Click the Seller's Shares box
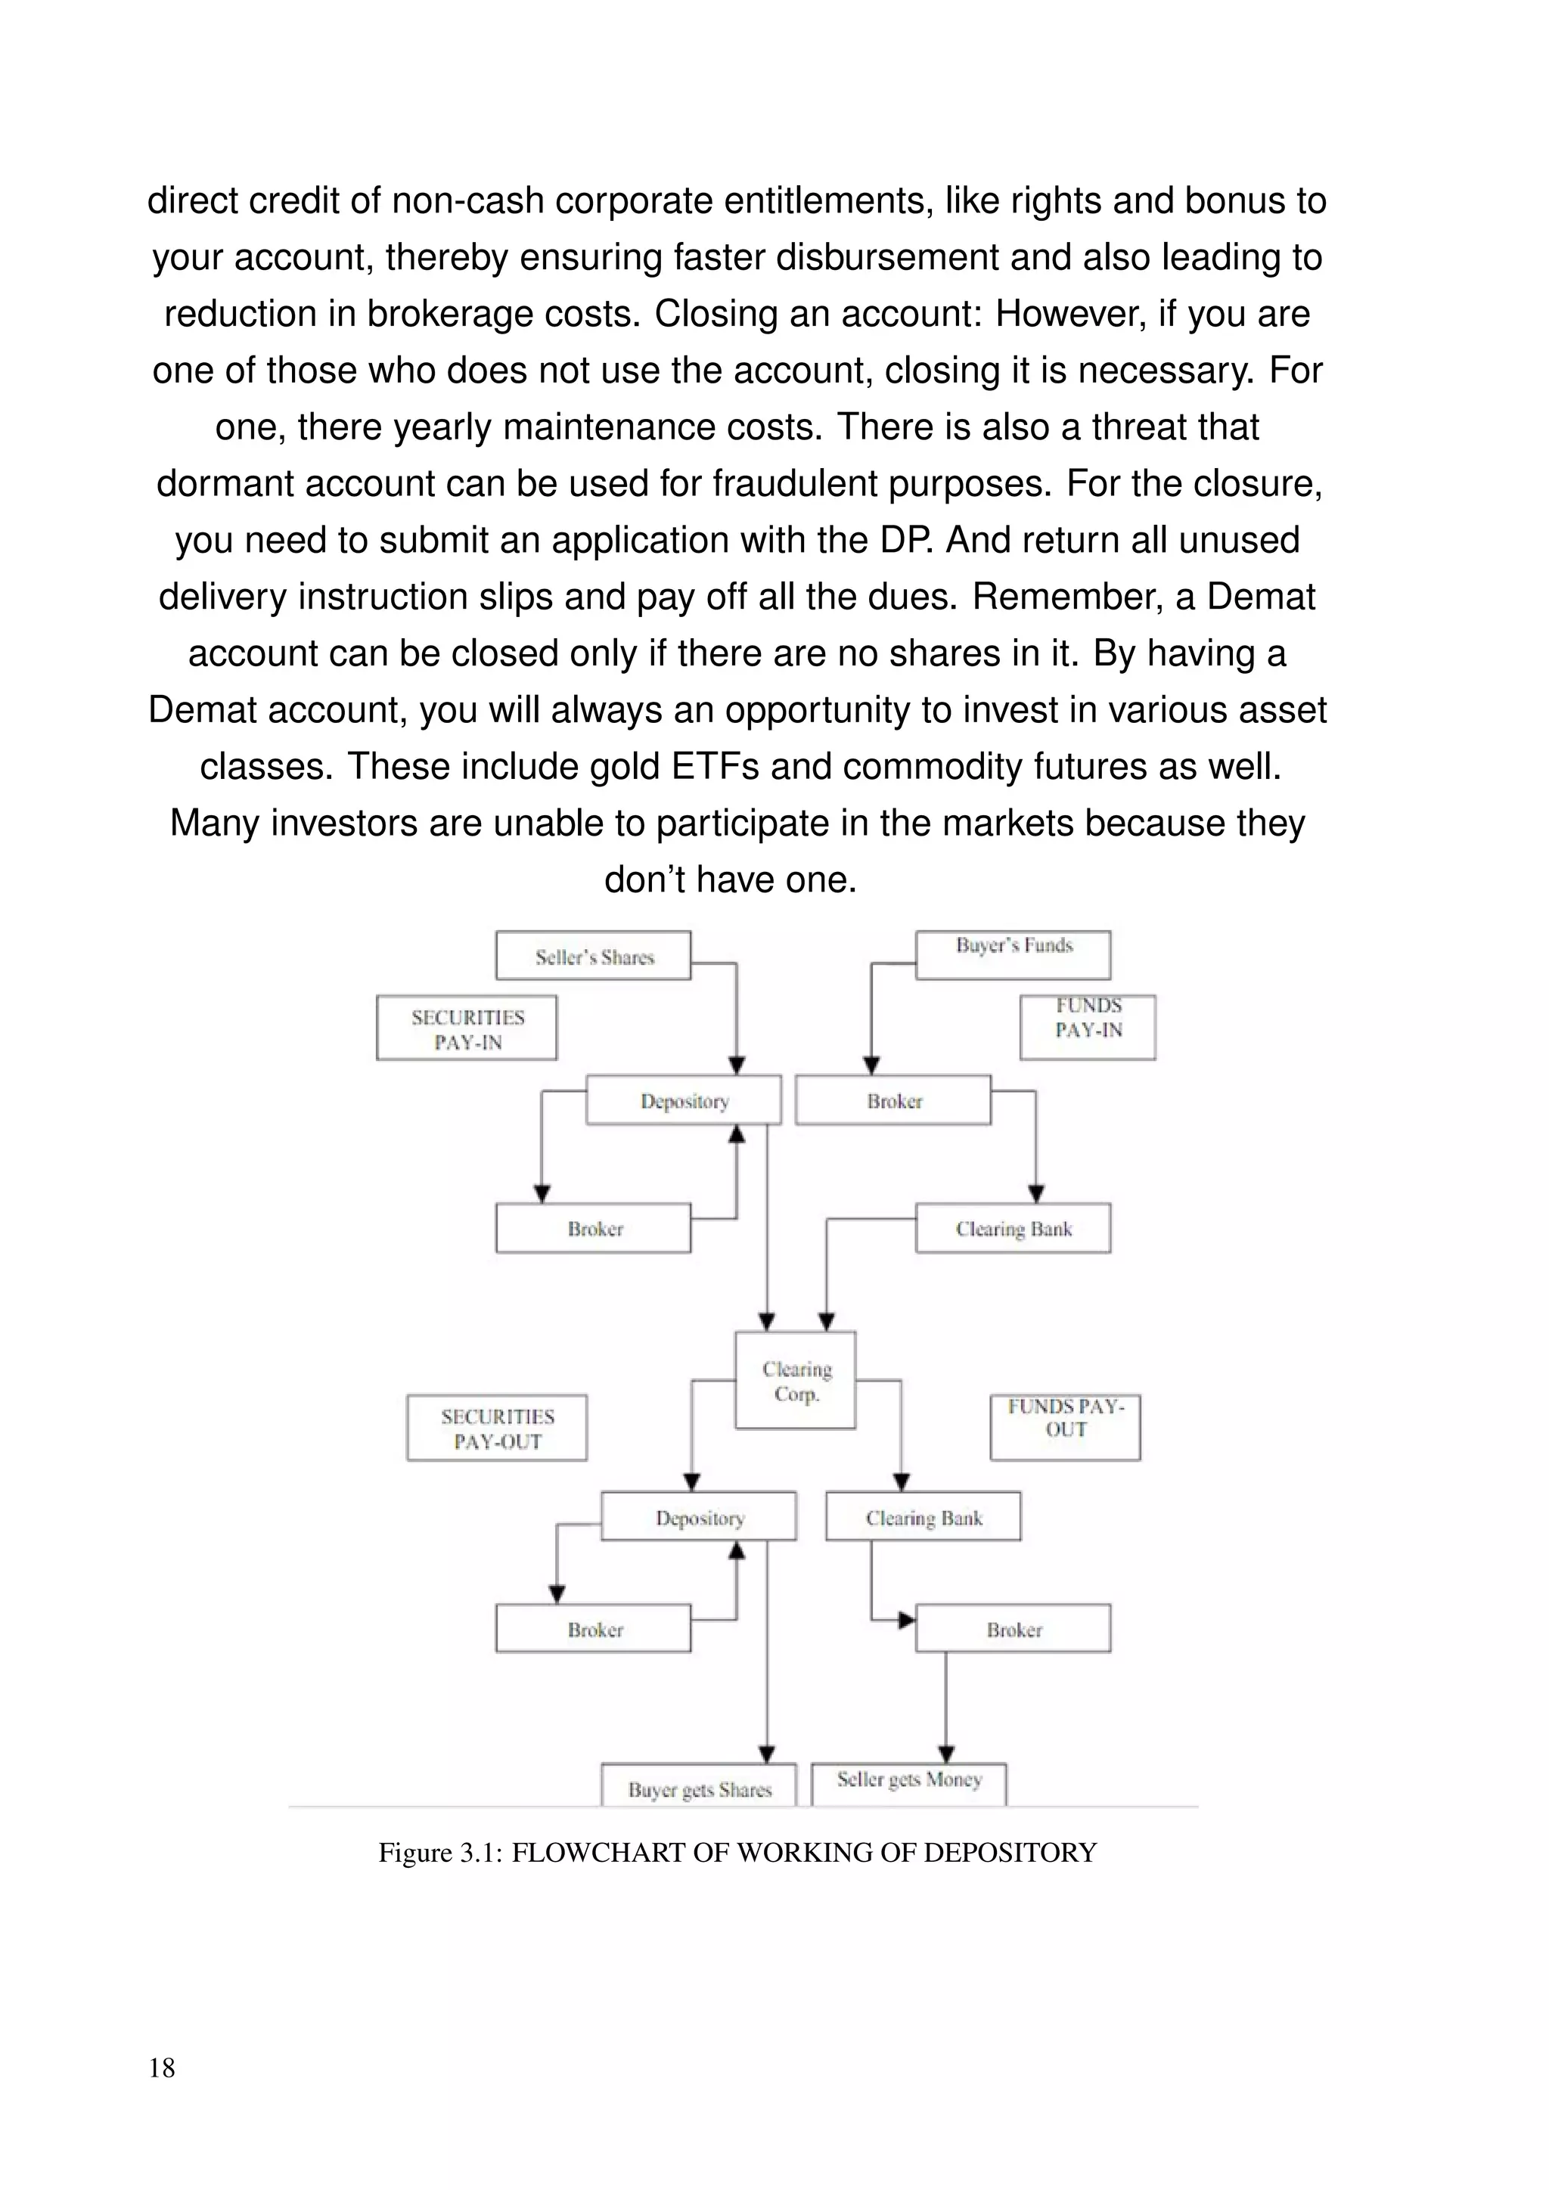pos(592,956)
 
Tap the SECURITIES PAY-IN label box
pos(467,1028)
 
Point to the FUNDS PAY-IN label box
pos(1088,1027)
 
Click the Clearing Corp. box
pos(796,1380)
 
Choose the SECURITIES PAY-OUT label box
pos(496,1428)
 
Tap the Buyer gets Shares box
pos(699,1788)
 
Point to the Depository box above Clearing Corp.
pos(683,1101)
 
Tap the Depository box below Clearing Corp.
pos(698,1517)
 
